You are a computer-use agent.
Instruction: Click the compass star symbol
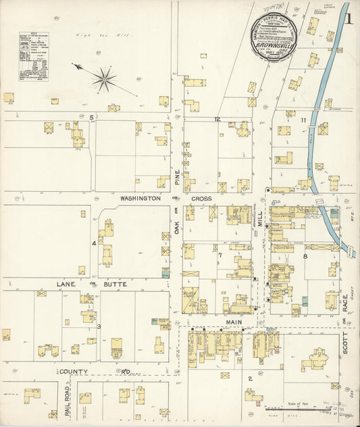tap(105, 80)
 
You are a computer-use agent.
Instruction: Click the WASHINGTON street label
tap(140, 199)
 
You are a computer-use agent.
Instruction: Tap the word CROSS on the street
tap(201, 199)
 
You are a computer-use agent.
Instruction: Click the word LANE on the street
tap(66, 284)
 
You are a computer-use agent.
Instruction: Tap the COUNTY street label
tap(73, 372)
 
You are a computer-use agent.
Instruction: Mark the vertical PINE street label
tap(178, 178)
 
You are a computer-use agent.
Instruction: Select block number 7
tap(220, 255)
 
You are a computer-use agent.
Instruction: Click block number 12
tap(217, 119)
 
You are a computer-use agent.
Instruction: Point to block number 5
tap(91, 117)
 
